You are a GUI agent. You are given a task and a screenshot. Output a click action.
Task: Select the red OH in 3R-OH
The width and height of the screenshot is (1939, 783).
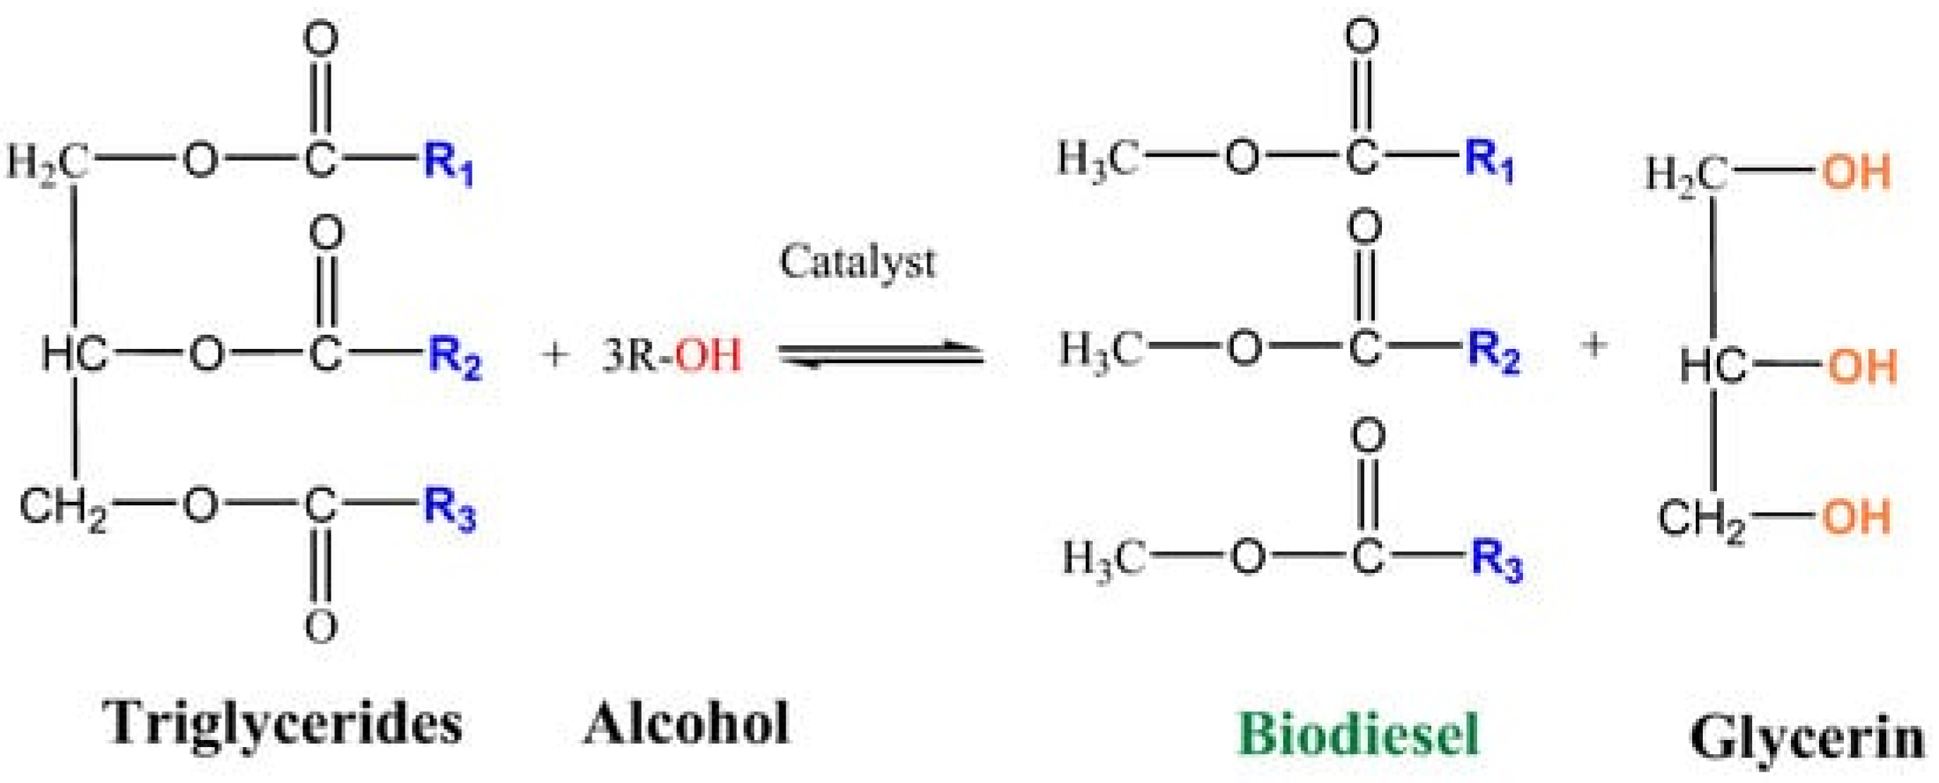[x=707, y=355]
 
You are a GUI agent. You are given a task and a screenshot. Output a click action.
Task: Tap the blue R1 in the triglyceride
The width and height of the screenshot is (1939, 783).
[x=448, y=161]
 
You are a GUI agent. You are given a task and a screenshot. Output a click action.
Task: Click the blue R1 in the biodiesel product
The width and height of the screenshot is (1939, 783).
[x=1489, y=160]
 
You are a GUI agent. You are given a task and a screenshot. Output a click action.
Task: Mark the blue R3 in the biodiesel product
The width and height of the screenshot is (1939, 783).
[x=1495, y=560]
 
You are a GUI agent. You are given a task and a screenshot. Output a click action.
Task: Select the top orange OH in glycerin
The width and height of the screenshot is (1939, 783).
[x=1857, y=173]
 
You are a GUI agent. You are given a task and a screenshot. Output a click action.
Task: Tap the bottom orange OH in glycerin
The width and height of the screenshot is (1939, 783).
[x=1857, y=517]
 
